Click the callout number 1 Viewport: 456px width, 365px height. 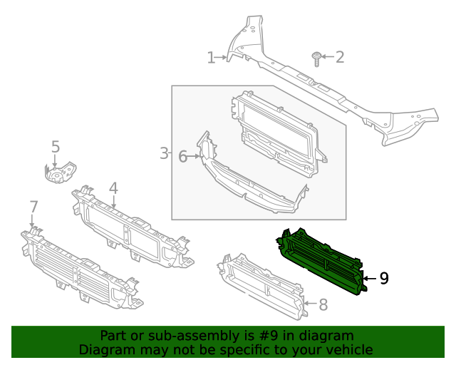(211, 58)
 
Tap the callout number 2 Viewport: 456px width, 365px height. (339, 57)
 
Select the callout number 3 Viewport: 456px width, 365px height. (163, 153)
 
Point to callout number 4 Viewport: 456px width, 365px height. (113, 188)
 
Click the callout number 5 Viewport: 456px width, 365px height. (56, 147)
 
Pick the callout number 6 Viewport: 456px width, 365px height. (182, 156)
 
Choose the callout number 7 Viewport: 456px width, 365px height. (33, 207)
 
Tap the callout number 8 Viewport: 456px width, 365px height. (323, 305)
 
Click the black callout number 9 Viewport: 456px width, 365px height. (383, 278)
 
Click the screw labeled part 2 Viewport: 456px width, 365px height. (315, 57)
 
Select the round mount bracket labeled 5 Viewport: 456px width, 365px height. (58, 173)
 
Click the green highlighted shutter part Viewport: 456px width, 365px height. (321, 260)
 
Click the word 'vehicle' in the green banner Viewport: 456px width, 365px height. (347, 349)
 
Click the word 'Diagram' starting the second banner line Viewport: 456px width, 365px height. (104, 349)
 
